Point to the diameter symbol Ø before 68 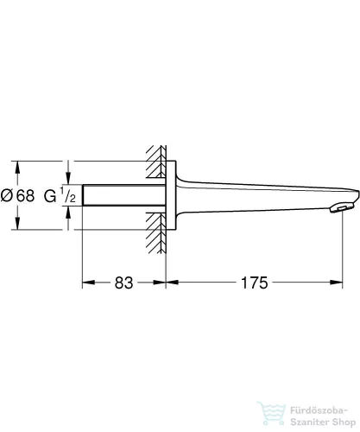[x=8, y=194]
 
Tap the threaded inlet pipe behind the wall [x=121, y=194]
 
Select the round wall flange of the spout [x=169, y=194]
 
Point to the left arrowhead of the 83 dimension [x=86, y=283]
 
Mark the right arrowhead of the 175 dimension [x=350, y=283]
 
